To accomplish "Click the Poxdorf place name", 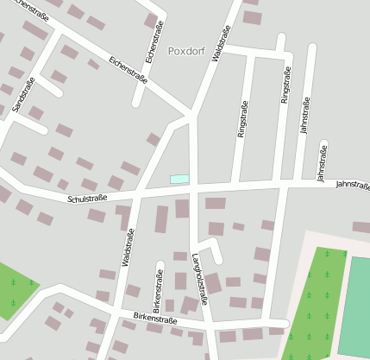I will pyautogui.click(x=185, y=51).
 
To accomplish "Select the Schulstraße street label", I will pyautogui.click(x=87, y=199).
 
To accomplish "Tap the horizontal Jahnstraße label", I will pyautogui.click(x=352, y=185).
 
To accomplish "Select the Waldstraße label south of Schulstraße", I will pyautogui.click(x=129, y=249).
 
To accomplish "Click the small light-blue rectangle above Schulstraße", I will pyautogui.click(x=179, y=179).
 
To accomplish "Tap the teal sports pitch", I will pyautogui.click(x=358, y=302).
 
